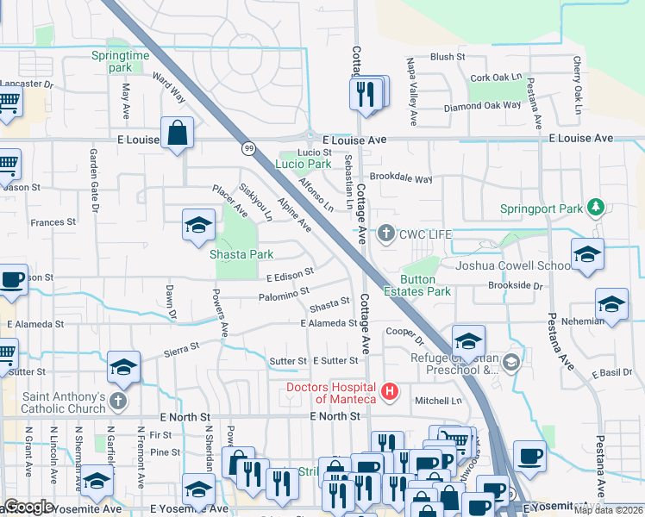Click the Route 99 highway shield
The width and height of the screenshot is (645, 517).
(248, 148)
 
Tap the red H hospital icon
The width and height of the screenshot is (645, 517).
(390, 392)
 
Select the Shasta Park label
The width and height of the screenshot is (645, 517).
(241, 254)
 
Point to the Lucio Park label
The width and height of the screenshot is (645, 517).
(303, 164)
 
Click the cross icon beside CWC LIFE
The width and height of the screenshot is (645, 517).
(387, 233)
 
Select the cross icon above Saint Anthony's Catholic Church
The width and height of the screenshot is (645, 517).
(118, 402)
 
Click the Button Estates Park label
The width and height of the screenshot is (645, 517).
(425, 285)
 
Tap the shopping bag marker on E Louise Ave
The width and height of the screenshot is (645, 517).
(177, 134)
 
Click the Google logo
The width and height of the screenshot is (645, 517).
(28, 507)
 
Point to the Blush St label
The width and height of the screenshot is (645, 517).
(448, 57)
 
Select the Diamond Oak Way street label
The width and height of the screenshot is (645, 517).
(482, 107)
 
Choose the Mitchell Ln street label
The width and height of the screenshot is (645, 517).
(438, 401)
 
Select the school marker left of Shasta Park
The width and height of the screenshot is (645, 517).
(198, 226)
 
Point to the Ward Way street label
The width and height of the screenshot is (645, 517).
(169, 88)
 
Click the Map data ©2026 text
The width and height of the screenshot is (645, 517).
(608, 510)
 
